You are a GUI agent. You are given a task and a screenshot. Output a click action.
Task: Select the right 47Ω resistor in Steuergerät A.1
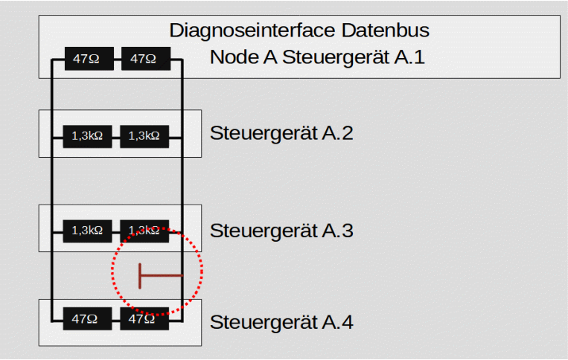(x=145, y=59)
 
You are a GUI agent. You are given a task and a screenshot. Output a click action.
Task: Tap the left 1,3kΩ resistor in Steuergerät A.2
(x=87, y=135)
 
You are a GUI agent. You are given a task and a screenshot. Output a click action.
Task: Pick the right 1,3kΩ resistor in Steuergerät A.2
(x=144, y=135)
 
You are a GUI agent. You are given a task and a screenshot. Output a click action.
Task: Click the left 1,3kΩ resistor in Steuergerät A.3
(x=87, y=231)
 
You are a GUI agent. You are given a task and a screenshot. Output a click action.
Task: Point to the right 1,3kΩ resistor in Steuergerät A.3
(x=144, y=231)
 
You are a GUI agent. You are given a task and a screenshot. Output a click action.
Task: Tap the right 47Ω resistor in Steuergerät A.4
(x=144, y=318)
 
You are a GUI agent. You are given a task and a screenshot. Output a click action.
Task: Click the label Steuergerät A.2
(x=281, y=134)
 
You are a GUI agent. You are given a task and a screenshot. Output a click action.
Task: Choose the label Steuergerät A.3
(x=281, y=231)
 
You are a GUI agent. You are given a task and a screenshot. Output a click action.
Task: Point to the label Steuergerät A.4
(x=281, y=323)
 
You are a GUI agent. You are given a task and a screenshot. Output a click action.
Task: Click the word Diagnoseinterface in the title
(x=252, y=30)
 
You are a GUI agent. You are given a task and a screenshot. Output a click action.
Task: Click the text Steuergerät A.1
(x=354, y=57)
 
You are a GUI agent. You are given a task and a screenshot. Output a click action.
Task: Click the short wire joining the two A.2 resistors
(x=116, y=136)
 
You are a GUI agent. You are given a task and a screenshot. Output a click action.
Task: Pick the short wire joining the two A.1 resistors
(x=117, y=59)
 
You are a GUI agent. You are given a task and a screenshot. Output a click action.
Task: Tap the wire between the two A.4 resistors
(x=116, y=318)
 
